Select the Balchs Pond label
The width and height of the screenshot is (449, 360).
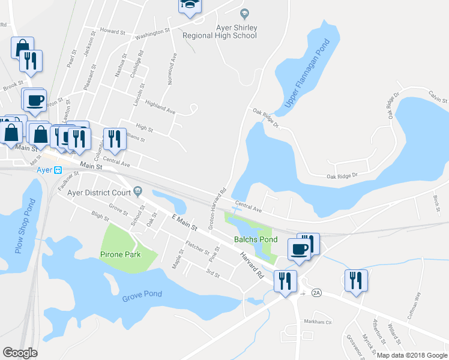256,239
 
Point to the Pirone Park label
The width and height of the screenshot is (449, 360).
121,254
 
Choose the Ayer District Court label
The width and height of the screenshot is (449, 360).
99,193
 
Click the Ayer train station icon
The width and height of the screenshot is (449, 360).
58,170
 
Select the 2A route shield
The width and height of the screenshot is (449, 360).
317,293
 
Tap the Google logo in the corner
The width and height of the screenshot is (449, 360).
20,353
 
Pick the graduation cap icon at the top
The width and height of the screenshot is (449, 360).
190,5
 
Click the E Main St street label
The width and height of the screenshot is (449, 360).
184,223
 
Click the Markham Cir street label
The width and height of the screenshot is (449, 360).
318,322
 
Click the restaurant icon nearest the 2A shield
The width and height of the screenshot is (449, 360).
284,280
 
